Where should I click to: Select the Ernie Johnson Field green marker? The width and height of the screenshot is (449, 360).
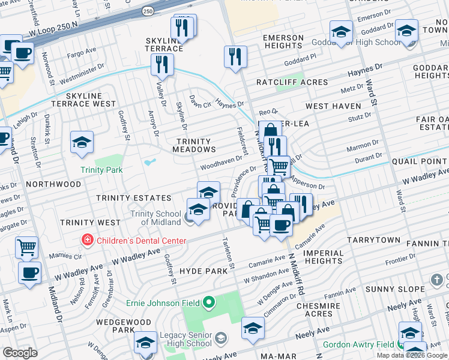(x=209, y=301)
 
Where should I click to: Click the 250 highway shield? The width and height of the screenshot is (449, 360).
(x=148, y=11)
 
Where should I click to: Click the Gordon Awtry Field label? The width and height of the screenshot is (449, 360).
(x=358, y=344)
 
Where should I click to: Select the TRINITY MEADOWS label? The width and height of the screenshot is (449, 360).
(x=194, y=146)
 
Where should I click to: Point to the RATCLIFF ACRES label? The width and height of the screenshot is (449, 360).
(x=292, y=82)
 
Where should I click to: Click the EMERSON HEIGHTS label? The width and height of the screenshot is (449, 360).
(x=283, y=41)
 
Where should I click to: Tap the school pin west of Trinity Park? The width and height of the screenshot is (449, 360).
(x=82, y=143)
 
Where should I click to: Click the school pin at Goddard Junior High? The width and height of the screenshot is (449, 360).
(x=341, y=31)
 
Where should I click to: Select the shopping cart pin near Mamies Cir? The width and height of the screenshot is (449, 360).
(x=26, y=246)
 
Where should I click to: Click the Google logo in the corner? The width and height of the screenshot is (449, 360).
(x=20, y=353)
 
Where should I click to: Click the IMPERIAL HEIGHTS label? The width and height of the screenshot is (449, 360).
(x=324, y=257)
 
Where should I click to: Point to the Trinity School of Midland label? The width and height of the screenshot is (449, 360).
(x=156, y=218)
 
